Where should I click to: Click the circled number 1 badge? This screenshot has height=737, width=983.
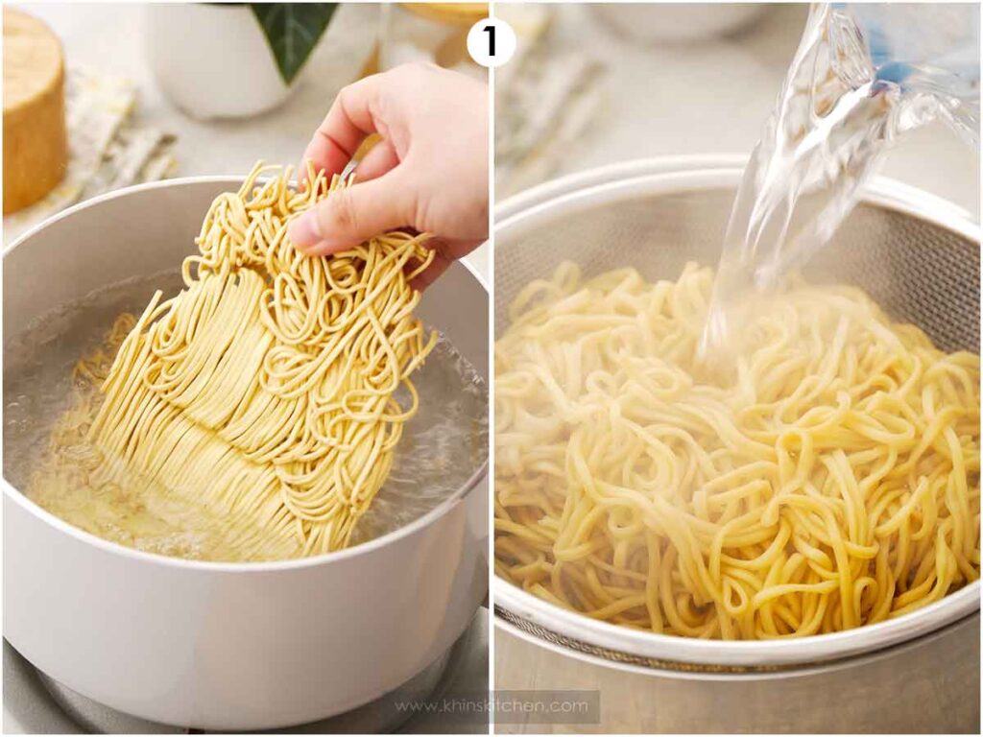coord(491,42)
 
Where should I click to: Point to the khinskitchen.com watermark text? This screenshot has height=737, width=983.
coord(491,706)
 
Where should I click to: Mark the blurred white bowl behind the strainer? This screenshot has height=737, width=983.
coord(672,24)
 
